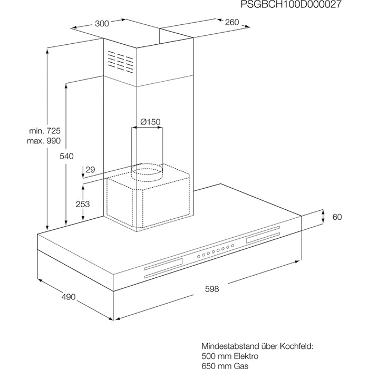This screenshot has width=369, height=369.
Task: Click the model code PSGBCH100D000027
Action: [x=290, y=4]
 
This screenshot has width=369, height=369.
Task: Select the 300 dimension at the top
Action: [x=102, y=24]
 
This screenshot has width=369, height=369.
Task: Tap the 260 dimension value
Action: [x=232, y=22]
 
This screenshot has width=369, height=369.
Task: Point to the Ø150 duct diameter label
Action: [x=150, y=122]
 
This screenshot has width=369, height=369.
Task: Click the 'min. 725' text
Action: [x=45, y=131]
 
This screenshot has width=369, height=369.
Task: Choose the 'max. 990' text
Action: [x=44, y=141]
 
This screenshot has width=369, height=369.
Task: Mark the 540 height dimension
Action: [x=66, y=156]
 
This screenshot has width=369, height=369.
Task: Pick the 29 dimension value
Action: [x=90, y=170]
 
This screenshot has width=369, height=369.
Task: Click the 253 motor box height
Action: [x=83, y=204]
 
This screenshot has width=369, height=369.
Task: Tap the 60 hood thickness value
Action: [x=337, y=217]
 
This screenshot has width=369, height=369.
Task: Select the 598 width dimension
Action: [x=212, y=289]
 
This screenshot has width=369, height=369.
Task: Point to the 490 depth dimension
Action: [x=69, y=297]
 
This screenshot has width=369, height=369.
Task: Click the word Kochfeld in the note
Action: [x=296, y=346]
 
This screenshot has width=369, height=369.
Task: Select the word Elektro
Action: [x=246, y=356]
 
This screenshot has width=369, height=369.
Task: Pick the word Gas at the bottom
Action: [x=241, y=366]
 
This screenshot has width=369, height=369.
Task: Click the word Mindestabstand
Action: [x=230, y=346]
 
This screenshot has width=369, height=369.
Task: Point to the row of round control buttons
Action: [x=216, y=251]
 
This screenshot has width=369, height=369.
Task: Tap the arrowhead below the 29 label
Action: [x=83, y=176]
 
